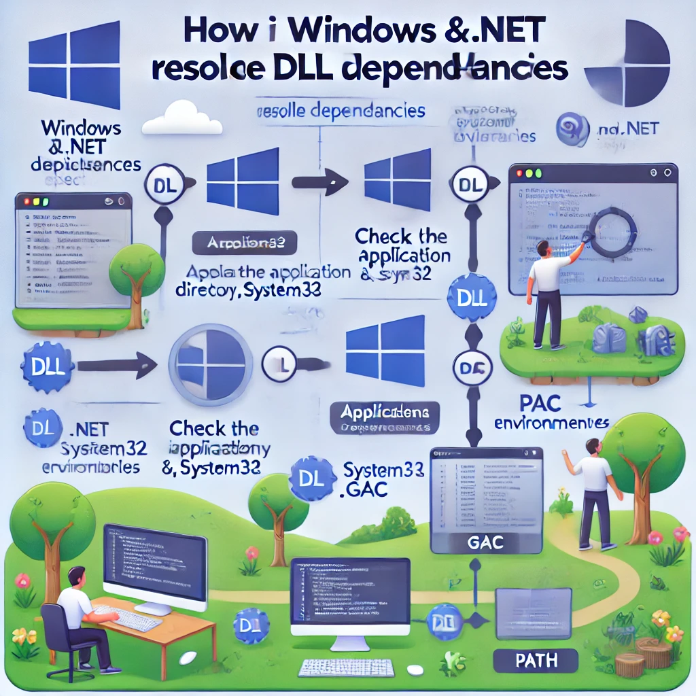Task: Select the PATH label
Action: click(536, 660)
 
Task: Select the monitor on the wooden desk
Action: click(155, 561)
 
